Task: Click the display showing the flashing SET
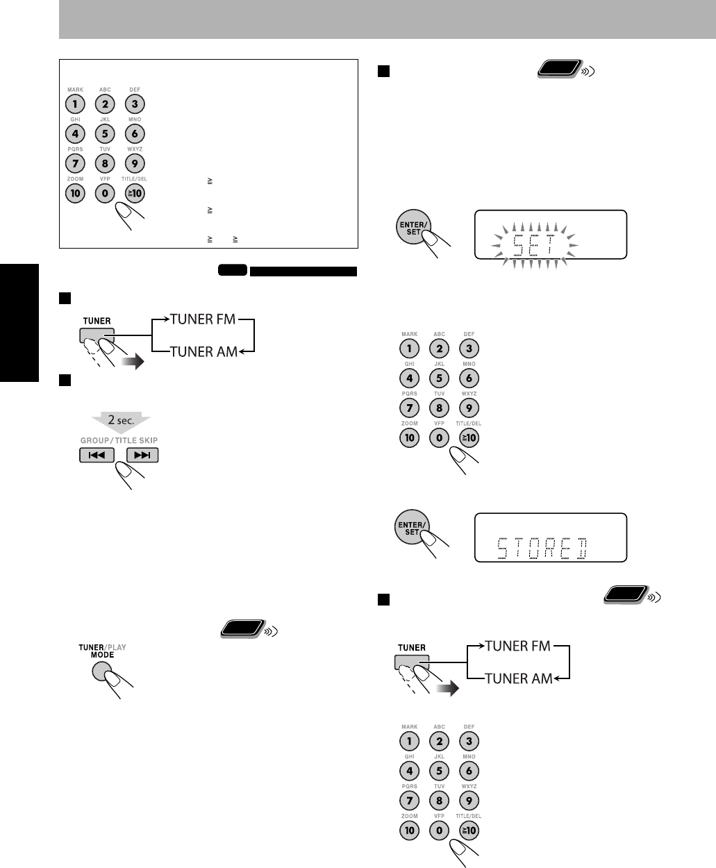point(550,235)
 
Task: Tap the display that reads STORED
point(550,537)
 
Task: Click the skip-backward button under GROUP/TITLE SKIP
point(96,456)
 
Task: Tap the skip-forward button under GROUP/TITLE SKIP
point(142,456)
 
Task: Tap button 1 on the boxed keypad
point(75,104)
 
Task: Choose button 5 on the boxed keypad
point(105,133)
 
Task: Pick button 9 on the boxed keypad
point(135,163)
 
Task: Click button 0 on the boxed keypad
point(105,193)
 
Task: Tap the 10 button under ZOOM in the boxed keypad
point(75,193)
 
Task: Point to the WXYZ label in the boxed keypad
point(135,149)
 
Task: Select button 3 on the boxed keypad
point(135,104)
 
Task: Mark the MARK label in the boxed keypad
point(75,90)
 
